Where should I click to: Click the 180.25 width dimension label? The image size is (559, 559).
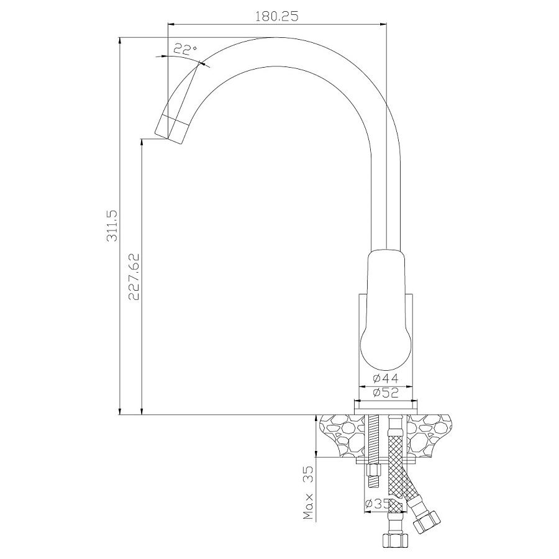click(276, 16)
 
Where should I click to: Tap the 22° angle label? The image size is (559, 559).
click(185, 50)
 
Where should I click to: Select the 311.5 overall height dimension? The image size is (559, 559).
click(112, 226)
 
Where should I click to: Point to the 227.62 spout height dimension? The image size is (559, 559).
click(134, 276)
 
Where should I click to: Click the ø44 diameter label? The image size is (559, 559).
click(385, 378)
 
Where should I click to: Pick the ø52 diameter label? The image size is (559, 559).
click(385, 393)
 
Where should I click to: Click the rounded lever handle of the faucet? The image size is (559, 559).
click(384, 310)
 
